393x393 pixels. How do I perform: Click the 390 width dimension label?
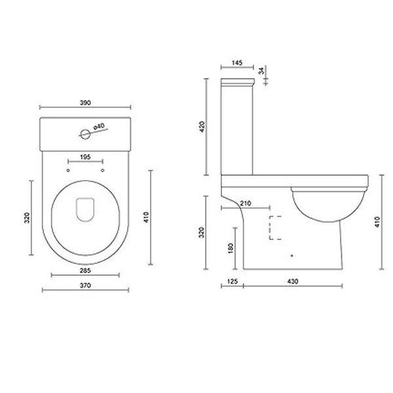(x=85, y=103)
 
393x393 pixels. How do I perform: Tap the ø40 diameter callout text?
(x=100, y=126)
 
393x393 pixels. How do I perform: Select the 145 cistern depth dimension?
(x=237, y=63)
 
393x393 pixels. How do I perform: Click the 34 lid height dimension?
(x=262, y=71)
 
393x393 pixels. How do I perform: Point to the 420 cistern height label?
(x=204, y=126)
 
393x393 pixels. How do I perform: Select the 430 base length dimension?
(x=293, y=282)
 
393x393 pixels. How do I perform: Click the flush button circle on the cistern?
(x=84, y=133)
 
